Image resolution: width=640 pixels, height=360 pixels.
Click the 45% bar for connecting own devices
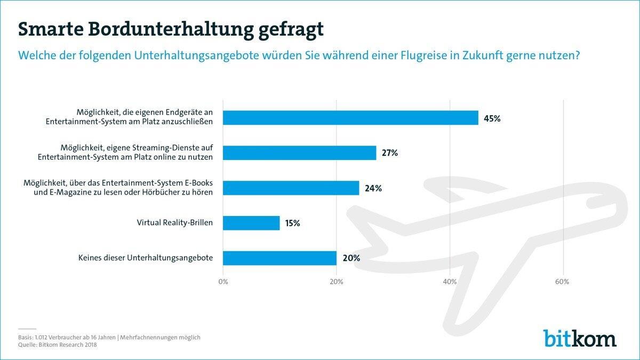click(350, 118)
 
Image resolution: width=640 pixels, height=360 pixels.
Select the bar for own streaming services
click(299, 153)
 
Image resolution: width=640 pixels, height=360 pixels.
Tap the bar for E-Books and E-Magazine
click(291, 188)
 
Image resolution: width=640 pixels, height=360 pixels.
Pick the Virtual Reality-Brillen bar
click(251, 223)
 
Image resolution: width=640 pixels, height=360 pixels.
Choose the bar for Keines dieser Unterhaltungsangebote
click(279, 258)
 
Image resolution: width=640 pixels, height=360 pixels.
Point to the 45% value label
click(492, 118)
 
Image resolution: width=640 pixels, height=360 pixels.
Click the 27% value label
click(390, 154)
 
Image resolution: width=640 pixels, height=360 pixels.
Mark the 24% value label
click(373, 188)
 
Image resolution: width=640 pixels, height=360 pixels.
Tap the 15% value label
click(292, 223)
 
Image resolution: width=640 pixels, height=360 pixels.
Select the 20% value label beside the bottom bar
click(351, 258)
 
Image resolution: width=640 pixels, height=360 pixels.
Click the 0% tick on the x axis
click(223, 282)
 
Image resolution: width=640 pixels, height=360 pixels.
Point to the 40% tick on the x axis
click(450, 282)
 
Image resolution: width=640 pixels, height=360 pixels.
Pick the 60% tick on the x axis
click(563, 282)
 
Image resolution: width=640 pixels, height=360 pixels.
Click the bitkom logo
click(580, 338)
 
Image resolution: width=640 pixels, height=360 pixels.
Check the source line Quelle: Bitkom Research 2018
click(57, 345)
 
